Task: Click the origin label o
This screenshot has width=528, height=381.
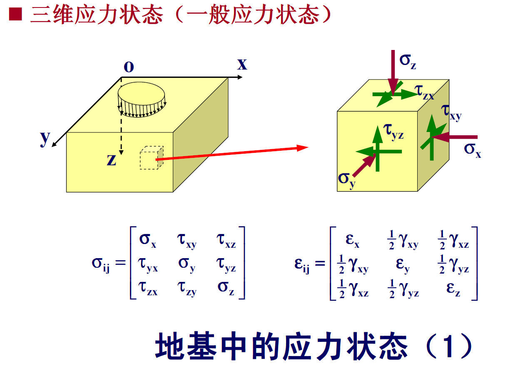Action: pyautogui.click(x=129, y=67)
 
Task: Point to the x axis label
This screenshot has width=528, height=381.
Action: pyautogui.click(x=242, y=64)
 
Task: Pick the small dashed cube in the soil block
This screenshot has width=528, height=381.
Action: pyautogui.click(x=151, y=157)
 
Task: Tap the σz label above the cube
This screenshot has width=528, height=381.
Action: pyautogui.click(x=408, y=61)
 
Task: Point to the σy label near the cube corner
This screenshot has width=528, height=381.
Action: pyautogui.click(x=347, y=179)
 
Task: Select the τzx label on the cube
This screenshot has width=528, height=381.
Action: pyautogui.click(x=425, y=92)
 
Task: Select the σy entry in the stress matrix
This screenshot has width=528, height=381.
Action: pyautogui.click(x=187, y=264)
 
